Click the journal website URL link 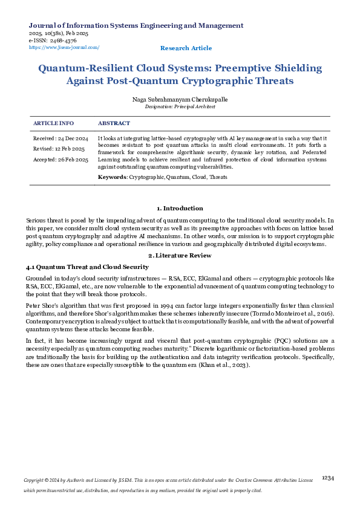(64, 47)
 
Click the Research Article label (186, 48)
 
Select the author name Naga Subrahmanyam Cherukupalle (180, 99)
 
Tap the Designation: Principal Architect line (180, 106)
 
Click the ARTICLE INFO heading (53, 123)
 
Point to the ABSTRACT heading (114, 123)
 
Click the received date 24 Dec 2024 (73, 139)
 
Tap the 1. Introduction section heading (180, 209)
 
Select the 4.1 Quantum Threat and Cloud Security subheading (87, 267)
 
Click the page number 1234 (327, 478)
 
